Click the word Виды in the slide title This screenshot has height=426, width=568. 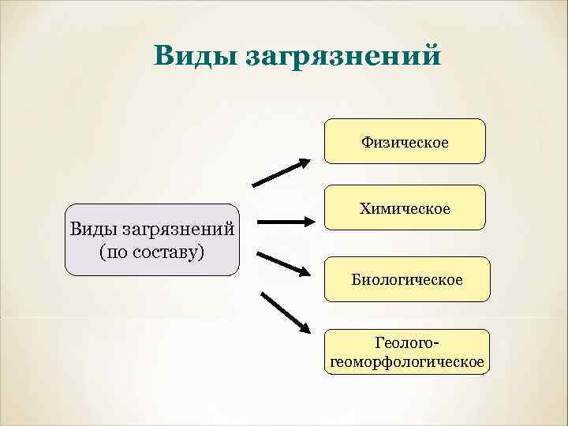tap(193, 56)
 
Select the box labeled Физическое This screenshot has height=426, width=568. tap(405, 141)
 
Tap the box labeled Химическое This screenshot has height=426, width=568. tap(405, 207)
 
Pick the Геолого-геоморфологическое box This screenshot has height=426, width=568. tap(406, 352)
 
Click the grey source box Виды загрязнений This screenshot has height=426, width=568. tap(151, 240)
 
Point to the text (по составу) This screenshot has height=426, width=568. tap(151, 252)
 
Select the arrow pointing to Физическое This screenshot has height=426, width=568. tap(281, 173)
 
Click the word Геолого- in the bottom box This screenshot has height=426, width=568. tap(406, 344)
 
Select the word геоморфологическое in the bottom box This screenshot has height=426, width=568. tap(406, 361)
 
